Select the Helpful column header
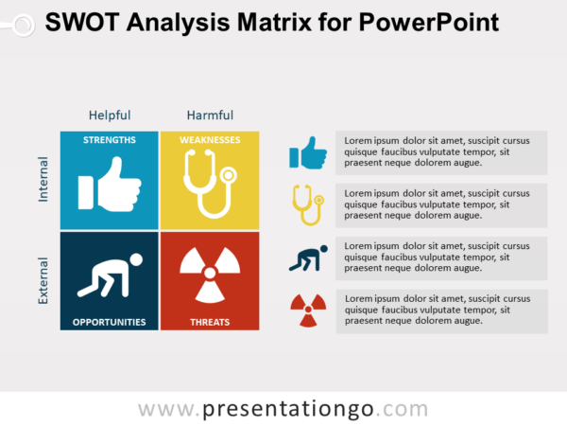[110, 115]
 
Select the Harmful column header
[210, 115]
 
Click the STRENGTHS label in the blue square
[110, 140]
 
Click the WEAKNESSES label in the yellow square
[210, 140]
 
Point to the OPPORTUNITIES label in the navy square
[110, 322]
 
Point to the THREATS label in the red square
[210, 322]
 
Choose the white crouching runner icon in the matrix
[110, 275]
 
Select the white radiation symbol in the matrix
[210, 275]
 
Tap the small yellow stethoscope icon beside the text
[307, 204]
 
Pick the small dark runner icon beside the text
[307, 257]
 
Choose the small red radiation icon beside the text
[307, 309]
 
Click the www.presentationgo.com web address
[283, 409]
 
